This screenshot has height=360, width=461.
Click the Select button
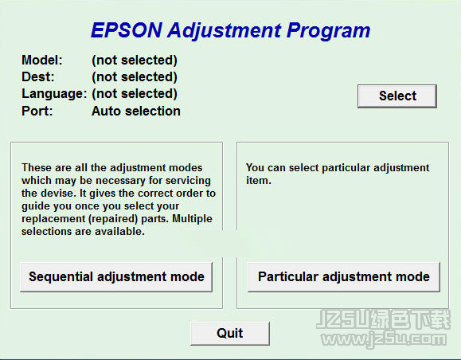click(397, 96)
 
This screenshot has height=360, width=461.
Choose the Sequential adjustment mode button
click(116, 276)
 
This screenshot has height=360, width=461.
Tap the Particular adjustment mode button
click(344, 276)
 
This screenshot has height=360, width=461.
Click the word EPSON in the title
click(127, 30)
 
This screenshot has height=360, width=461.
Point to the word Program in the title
click(328, 31)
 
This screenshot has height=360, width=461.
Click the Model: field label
click(42, 60)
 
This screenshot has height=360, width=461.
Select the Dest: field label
click(38, 76)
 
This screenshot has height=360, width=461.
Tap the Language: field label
click(54, 94)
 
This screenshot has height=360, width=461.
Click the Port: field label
click(37, 111)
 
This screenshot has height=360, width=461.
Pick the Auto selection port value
click(136, 111)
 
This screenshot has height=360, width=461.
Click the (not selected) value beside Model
click(135, 61)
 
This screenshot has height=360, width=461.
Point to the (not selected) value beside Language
click(135, 94)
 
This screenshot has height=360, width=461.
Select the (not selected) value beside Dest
click(135, 77)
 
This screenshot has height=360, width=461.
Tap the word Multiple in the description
click(192, 219)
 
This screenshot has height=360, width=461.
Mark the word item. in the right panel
click(259, 180)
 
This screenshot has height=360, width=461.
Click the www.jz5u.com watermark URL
click(384, 339)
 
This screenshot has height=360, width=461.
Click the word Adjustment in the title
click(225, 31)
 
